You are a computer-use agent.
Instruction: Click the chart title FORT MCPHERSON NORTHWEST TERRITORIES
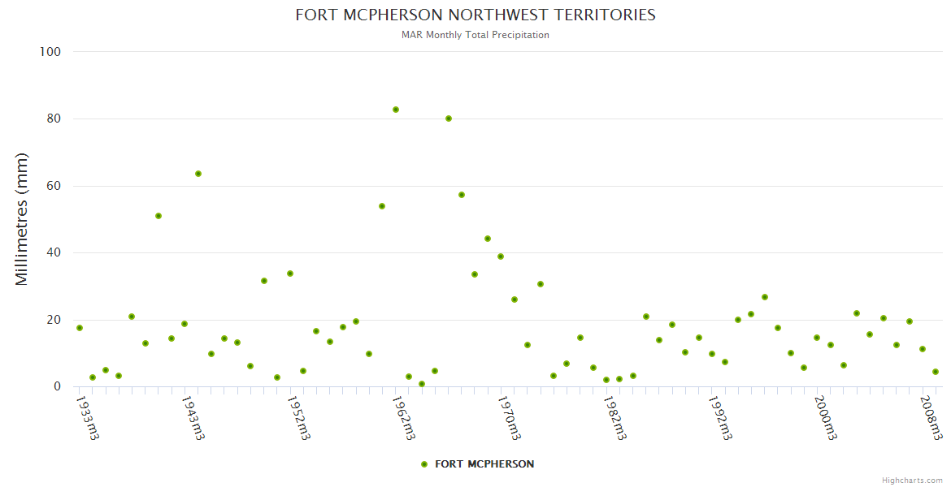(475, 15)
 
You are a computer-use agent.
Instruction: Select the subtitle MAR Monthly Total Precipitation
(475, 35)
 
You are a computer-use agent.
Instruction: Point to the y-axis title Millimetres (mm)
(22, 219)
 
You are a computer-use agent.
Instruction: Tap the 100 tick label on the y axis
(50, 52)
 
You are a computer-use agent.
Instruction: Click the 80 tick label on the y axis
(54, 119)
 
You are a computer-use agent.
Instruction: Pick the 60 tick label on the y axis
(54, 186)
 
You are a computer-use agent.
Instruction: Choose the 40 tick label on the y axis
(54, 252)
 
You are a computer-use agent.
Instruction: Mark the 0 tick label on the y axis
(57, 387)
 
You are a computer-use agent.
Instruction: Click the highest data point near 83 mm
(396, 110)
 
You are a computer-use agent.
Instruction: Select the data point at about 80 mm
(449, 119)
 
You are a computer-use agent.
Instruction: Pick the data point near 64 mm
(198, 174)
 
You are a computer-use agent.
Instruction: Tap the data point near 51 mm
(158, 216)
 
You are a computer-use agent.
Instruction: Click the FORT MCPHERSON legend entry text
(484, 464)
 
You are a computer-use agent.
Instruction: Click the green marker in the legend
(424, 464)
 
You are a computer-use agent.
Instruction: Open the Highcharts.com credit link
(912, 481)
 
